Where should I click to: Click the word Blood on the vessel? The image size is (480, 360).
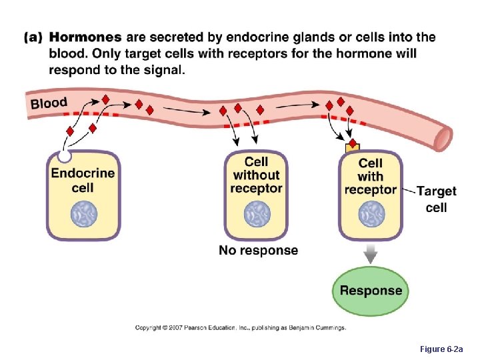pyautogui.click(x=49, y=103)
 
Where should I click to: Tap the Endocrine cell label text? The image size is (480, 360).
pyautogui.click(x=83, y=180)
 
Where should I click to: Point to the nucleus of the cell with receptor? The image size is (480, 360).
pyautogui.click(x=371, y=215)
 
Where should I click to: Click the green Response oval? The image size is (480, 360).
pyautogui.click(x=371, y=291)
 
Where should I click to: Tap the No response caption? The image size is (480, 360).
pyautogui.click(x=259, y=251)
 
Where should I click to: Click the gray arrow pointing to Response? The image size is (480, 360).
pyautogui.click(x=371, y=253)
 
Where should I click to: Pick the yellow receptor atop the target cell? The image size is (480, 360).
pyautogui.click(x=353, y=147)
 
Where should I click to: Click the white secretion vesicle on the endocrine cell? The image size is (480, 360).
pyautogui.click(x=65, y=157)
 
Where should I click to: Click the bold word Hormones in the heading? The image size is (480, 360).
pyautogui.click(x=85, y=38)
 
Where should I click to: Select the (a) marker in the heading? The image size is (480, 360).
pyautogui.click(x=34, y=38)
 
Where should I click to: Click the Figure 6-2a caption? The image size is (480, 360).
pyautogui.click(x=446, y=349)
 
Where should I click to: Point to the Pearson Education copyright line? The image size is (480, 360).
pyautogui.click(x=241, y=328)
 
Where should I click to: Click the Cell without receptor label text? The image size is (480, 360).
pyautogui.click(x=256, y=175)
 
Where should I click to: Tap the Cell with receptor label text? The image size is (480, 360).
pyautogui.click(x=371, y=177)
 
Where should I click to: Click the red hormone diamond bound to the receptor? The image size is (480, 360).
pyautogui.click(x=352, y=143)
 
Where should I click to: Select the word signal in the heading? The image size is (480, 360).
pyautogui.click(x=161, y=70)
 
